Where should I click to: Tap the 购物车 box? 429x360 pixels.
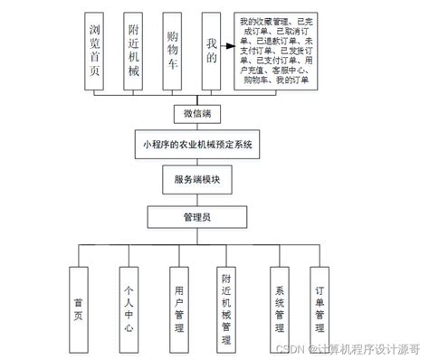[x=173, y=51]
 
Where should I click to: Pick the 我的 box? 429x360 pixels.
[x=212, y=51]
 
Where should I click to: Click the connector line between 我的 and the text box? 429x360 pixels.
[x=227, y=51]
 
